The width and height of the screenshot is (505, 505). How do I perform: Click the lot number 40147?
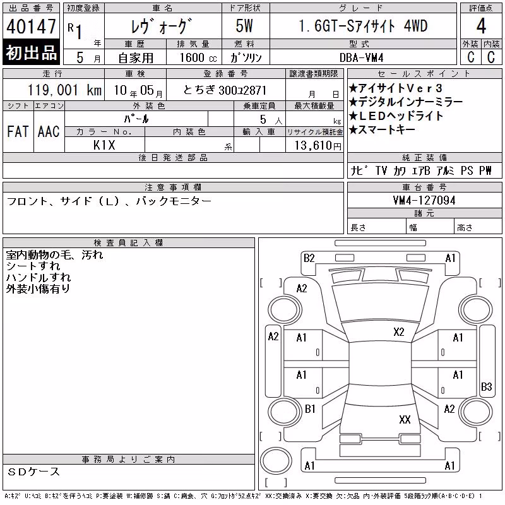coord(31,27)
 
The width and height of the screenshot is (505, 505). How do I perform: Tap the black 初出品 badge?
coord(31,52)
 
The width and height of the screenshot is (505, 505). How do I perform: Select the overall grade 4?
coord(481,26)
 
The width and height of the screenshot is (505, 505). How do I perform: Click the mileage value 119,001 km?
coord(64,90)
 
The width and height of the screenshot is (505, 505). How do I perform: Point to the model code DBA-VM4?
coord(361,57)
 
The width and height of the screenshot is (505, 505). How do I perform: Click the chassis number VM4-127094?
coord(424,201)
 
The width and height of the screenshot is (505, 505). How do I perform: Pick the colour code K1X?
coord(104,145)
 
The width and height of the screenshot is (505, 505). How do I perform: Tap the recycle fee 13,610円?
coord(318,146)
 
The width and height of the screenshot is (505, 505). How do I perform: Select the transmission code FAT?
coord(18,131)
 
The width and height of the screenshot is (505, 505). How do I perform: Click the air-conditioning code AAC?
coord(49,131)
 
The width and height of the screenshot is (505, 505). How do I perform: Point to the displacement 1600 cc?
coord(198,57)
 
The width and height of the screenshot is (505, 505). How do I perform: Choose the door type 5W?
coord(244,26)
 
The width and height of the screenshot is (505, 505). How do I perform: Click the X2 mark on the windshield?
coord(399,332)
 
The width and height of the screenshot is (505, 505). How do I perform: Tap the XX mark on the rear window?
coord(405,419)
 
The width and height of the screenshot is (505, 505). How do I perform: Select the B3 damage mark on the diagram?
coord(486,386)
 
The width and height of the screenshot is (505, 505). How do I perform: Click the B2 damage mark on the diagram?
coord(309,258)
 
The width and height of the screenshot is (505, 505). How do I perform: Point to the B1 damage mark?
coord(310,409)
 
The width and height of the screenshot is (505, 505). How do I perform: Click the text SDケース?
coord(33,472)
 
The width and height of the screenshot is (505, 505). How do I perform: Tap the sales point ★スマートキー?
coord(382,129)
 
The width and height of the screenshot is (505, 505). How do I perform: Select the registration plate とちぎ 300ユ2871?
coord(225,90)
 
